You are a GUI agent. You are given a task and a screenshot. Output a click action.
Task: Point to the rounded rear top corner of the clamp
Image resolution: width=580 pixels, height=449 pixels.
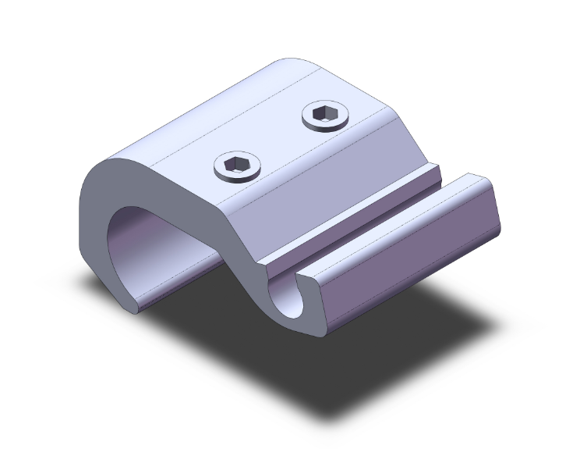(x=292, y=64)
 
